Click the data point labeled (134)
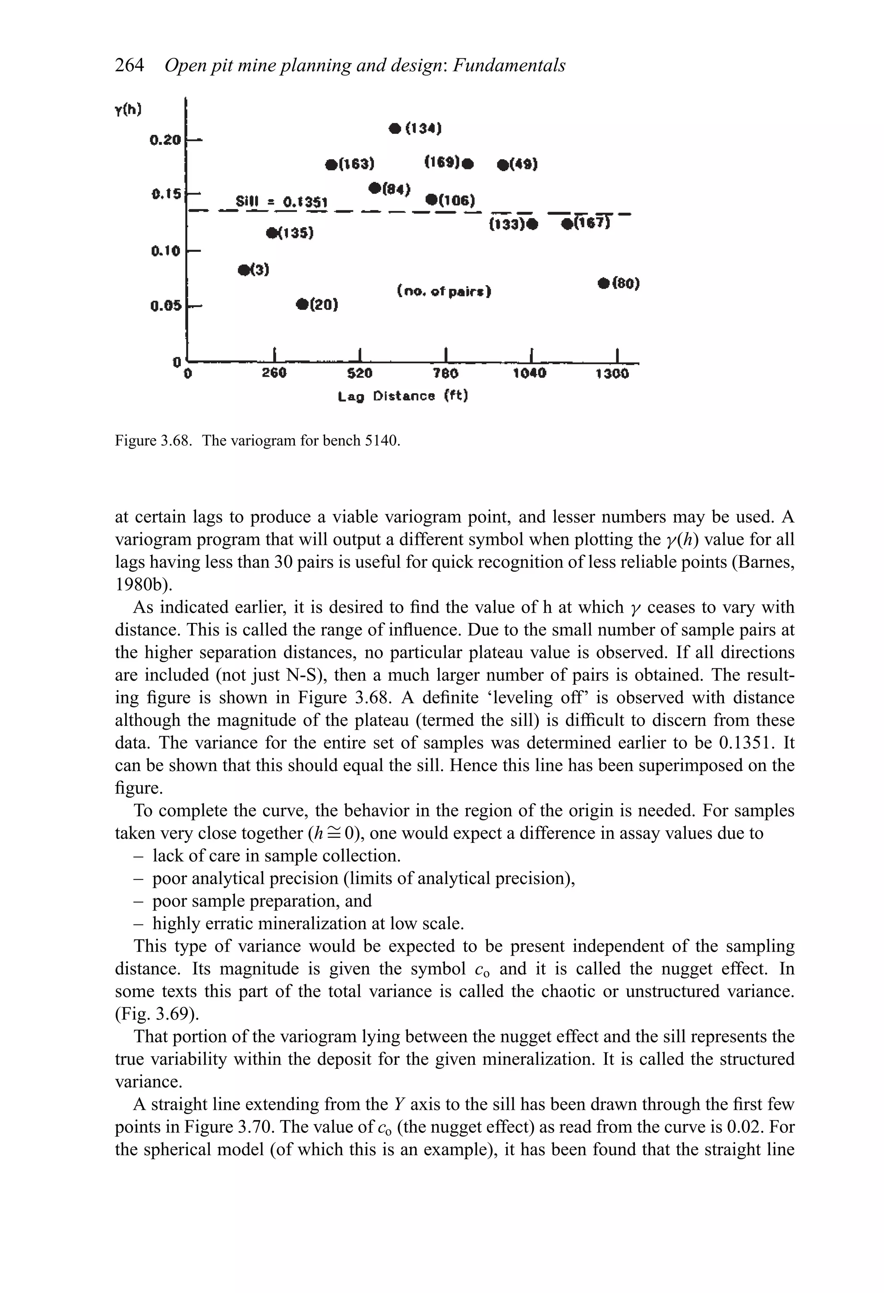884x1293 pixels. coord(395,128)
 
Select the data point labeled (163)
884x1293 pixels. coord(332,165)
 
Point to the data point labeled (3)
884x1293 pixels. coord(243,270)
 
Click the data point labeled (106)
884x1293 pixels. coord(431,200)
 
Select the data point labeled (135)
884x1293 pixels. coord(272,232)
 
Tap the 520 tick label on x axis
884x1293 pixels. coord(360,373)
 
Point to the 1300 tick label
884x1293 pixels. coord(612,373)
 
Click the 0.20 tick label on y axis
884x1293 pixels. coord(165,139)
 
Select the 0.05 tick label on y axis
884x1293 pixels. coord(166,305)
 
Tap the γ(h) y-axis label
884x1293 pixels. coord(128,110)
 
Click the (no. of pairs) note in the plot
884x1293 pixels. coord(444,291)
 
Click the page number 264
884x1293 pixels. coord(129,65)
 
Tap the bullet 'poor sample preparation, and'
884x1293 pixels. coord(261,900)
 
